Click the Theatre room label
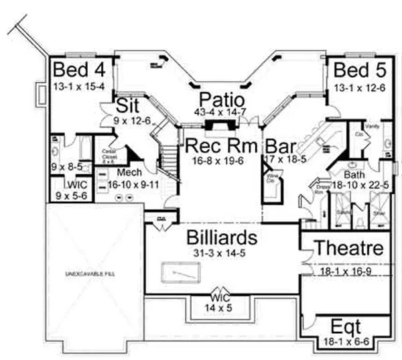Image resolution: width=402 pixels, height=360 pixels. coord(349,248)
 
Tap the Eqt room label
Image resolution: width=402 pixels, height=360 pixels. coord(346,328)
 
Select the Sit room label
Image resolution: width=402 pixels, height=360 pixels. coord(127,107)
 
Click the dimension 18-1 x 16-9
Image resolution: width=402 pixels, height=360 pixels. coord(346,272)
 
